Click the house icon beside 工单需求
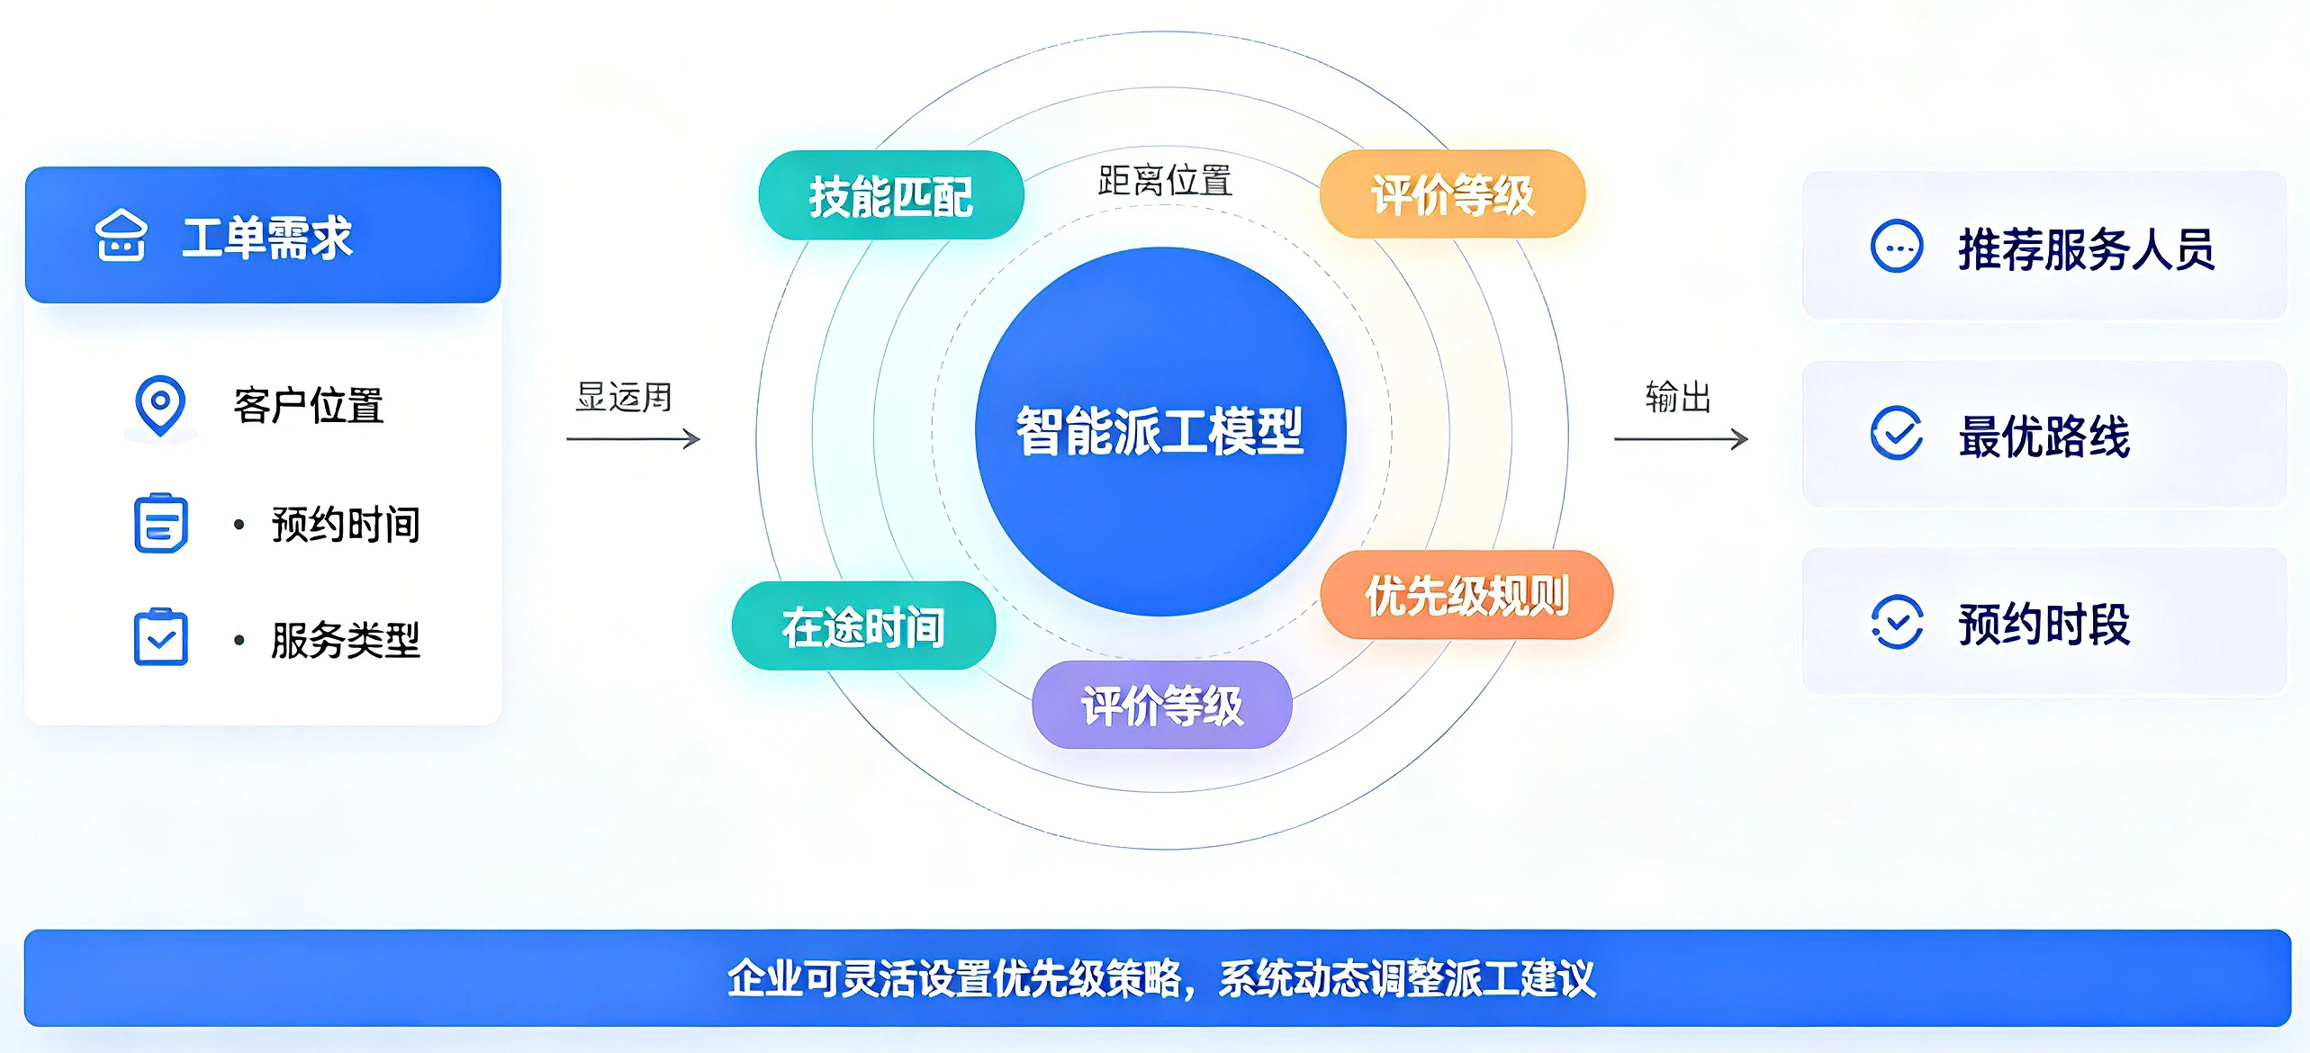pyautogui.click(x=121, y=236)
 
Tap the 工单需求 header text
pyautogui.click(x=267, y=238)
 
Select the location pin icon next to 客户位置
pyautogui.click(x=160, y=406)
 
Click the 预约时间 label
pyautogui.click(x=346, y=524)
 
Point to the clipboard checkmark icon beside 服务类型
pyautogui.click(x=161, y=637)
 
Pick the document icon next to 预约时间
pyautogui.click(x=161, y=523)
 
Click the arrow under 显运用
pyautogui.click(x=633, y=439)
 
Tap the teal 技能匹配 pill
pyautogui.click(x=891, y=195)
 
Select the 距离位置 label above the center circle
pyautogui.click(x=1165, y=180)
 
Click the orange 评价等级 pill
pyautogui.click(x=1452, y=194)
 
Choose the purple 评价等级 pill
pyautogui.click(x=1162, y=705)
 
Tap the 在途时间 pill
pyautogui.click(x=864, y=625)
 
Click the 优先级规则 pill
pyautogui.click(x=1467, y=595)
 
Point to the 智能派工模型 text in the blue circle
pyautogui.click(x=1160, y=431)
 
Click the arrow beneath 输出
pyautogui.click(x=1681, y=439)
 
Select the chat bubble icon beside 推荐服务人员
pyautogui.click(x=1897, y=246)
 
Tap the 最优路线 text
pyautogui.click(x=2044, y=436)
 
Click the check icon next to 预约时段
pyautogui.click(x=1897, y=622)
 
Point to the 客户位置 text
pyautogui.click(x=309, y=405)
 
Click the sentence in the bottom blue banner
pyautogui.click(x=1161, y=978)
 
